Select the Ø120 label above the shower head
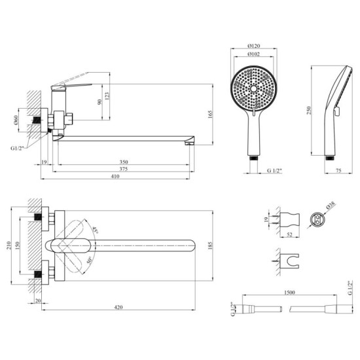tap(253, 46)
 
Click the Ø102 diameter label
tap(253, 56)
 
